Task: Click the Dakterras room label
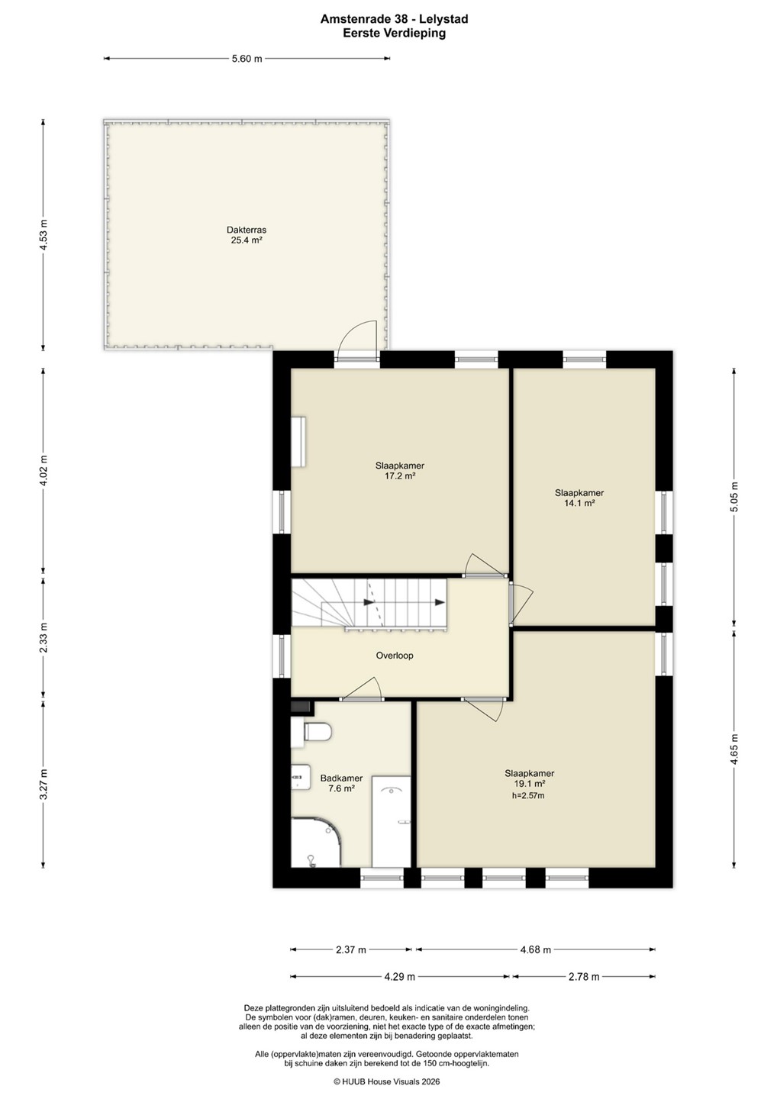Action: click(x=247, y=229)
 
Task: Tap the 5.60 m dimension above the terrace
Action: click(x=247, y=59)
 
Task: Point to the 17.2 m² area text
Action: click(x=400, y=475)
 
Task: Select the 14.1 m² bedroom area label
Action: click(x=579, y=503)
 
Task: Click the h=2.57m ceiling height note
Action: click(x=528, y=796)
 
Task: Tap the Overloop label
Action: click(x=395, y=655)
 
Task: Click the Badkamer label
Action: click(x=341, y=778)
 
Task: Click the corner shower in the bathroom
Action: click(x=315, y=843)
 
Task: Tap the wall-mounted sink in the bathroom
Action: click(x=301, y=777)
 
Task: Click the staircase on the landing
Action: click(x=369, y=603)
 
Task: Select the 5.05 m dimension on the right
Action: click(x=733, y=497)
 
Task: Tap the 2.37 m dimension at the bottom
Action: click(x=351, y=949)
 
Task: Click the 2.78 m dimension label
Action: click(x=584, y=976)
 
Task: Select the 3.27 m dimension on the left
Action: click(x=44, y=785)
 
